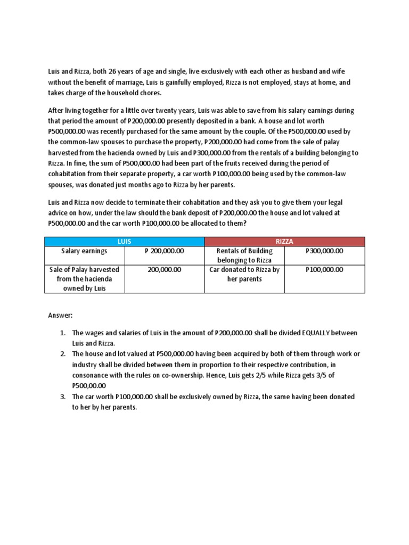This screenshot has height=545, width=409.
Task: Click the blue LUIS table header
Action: [124, 241]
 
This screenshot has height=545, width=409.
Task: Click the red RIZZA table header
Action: [284, 241]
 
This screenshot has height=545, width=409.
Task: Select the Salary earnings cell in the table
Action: [84, 251]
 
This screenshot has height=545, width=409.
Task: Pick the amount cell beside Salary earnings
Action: [164, 251]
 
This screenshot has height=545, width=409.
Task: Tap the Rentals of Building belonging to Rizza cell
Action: [244, 255]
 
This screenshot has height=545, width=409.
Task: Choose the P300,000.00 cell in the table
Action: [324, 251]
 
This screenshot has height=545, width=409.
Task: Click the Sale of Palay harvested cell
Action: [84, 279]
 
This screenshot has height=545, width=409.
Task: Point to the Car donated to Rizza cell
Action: [244, 274]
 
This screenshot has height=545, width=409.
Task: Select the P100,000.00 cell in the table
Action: [324, 270]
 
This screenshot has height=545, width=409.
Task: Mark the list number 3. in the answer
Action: [63, 397]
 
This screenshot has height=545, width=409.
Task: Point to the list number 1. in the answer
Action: [63, 333]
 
